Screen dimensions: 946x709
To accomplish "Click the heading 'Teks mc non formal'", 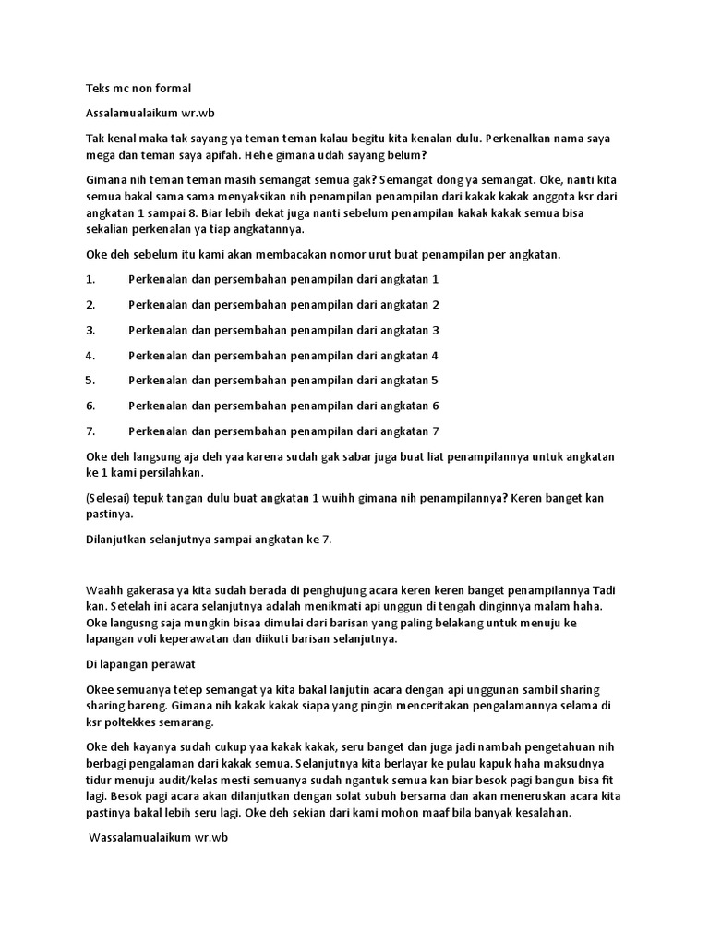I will tap(138, 89).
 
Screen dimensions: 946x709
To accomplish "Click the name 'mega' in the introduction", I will tap(101, 155).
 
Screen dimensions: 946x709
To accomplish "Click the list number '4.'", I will tap(90, 355).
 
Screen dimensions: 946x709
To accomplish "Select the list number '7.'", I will tap(90, 431).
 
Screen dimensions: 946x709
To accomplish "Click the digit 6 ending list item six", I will tap(435, 406).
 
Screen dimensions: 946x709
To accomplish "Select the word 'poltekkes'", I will tap(135, 722).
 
